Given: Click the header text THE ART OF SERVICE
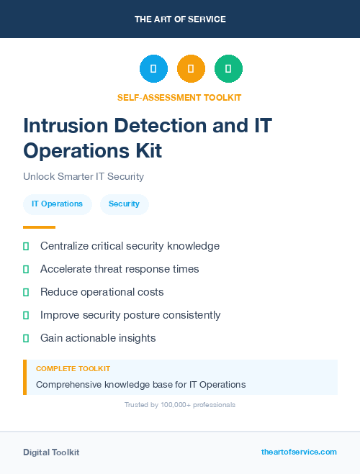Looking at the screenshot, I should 180,19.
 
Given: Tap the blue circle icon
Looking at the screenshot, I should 153,69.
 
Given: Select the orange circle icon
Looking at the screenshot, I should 191,69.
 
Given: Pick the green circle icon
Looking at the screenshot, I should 228,69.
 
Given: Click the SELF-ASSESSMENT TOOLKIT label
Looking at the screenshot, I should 179,97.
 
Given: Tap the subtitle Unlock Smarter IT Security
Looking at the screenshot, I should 84,176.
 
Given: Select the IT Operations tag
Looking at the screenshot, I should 57,204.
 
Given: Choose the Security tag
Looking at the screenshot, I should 124,204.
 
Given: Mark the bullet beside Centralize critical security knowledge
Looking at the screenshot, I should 26,246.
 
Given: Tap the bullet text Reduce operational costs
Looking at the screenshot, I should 102,292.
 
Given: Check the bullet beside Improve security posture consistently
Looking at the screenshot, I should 26,315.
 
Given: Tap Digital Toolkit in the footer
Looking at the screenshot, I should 51,452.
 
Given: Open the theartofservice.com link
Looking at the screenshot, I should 299,452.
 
